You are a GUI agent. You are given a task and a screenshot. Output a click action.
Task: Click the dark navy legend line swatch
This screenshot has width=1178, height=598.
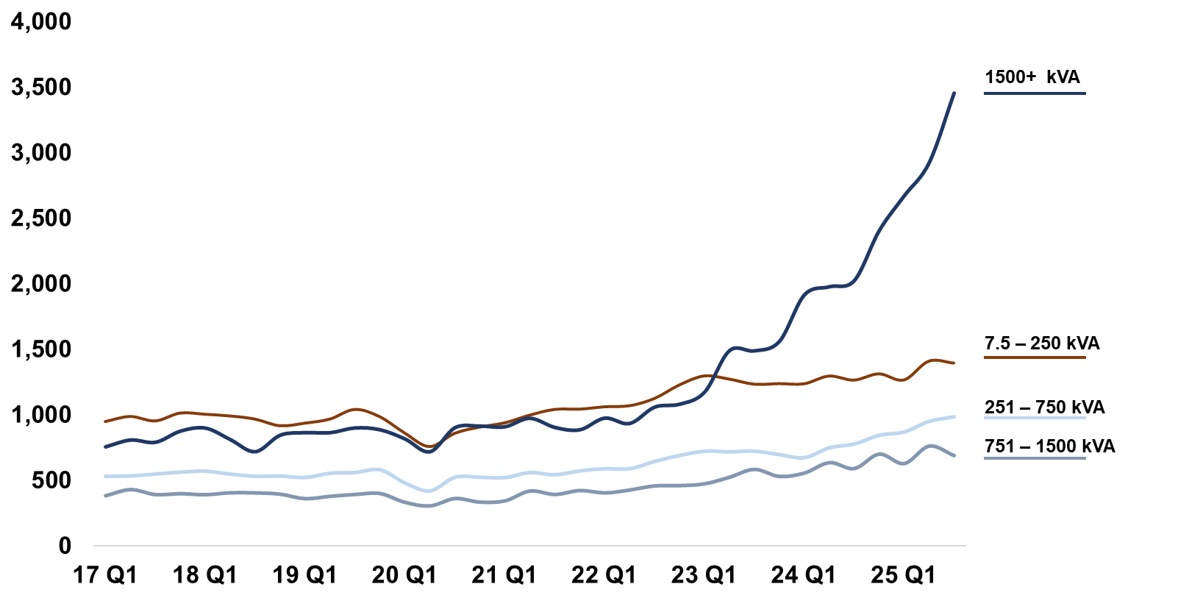(x=1035, y=93)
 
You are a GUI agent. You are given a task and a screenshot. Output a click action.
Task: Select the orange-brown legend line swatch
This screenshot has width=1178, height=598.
(x=1035, y=357)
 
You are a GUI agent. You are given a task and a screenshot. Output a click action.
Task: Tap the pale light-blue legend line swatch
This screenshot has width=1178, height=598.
(x=1035, y=418)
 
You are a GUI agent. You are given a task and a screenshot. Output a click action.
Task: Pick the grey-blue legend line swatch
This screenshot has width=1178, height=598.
(x=1035, y=458)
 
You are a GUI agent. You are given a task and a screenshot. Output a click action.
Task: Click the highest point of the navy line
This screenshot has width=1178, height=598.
(x=954, y=93)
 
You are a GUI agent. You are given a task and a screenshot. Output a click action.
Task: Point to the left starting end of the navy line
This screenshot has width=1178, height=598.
(x=105, y=446)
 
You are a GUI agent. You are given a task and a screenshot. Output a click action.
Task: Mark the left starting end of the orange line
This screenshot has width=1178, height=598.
(x=105, y=421)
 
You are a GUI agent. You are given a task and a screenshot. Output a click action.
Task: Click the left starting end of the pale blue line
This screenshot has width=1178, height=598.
(x=105, y=476)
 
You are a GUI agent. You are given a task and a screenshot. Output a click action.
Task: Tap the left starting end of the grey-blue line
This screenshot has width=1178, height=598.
(x=105, y=496)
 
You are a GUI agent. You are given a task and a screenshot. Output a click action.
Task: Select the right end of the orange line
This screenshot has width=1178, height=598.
(x=954, y=363)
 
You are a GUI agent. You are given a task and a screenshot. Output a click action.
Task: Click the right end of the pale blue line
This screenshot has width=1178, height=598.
(x=954, y=417)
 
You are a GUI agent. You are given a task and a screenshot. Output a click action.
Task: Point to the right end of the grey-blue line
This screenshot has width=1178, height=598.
(x=954, y=456)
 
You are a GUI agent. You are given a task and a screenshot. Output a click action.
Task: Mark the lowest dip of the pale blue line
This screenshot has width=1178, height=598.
(x=429, y=491)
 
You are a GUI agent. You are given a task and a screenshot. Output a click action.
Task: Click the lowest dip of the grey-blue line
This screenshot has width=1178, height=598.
(x=429, y=506)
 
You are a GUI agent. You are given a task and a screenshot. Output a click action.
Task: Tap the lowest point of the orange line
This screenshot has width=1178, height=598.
(x=429, y=446)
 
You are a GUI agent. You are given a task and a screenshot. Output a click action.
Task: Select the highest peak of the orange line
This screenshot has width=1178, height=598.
(x=934, y=360)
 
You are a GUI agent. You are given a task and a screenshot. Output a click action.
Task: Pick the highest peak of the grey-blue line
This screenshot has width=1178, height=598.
(x=931, y=445)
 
